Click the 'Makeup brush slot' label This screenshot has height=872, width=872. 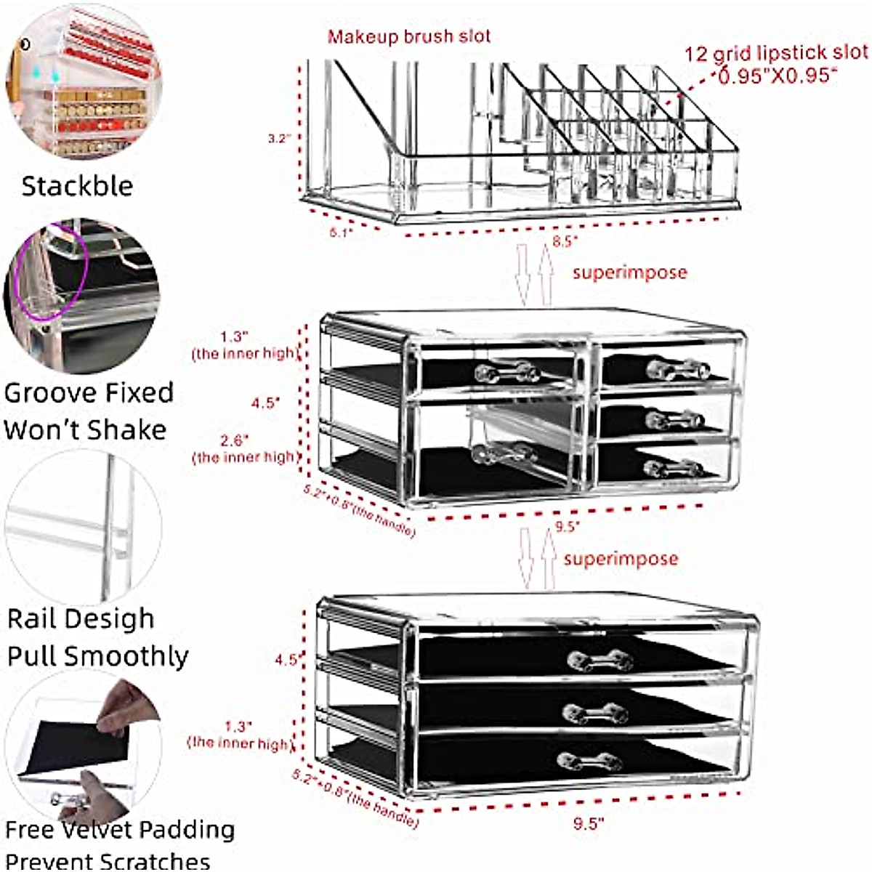pyautogui.click(x=409, y=36)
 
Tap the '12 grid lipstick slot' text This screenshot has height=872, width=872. pyautogui.click(x=775, y=53)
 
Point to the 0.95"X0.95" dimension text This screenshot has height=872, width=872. pyautogui.click(x=777, y=76)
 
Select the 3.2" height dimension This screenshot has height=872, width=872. pyautogui.click(x=279, y=138)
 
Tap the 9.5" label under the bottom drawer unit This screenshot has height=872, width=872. pyautogui.click(x=588, y=823)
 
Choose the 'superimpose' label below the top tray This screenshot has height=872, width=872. pyautogui.click(x=629, y=273)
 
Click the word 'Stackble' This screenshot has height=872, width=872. pyautogui.click(x=77, y=186)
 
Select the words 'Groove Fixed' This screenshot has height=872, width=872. pyautogui.click(x=88, y=393)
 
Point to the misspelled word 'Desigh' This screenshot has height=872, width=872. pyautogui.click(x=117, y=619)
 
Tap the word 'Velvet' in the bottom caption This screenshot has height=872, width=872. pyautogui.click(x=98, y=830)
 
